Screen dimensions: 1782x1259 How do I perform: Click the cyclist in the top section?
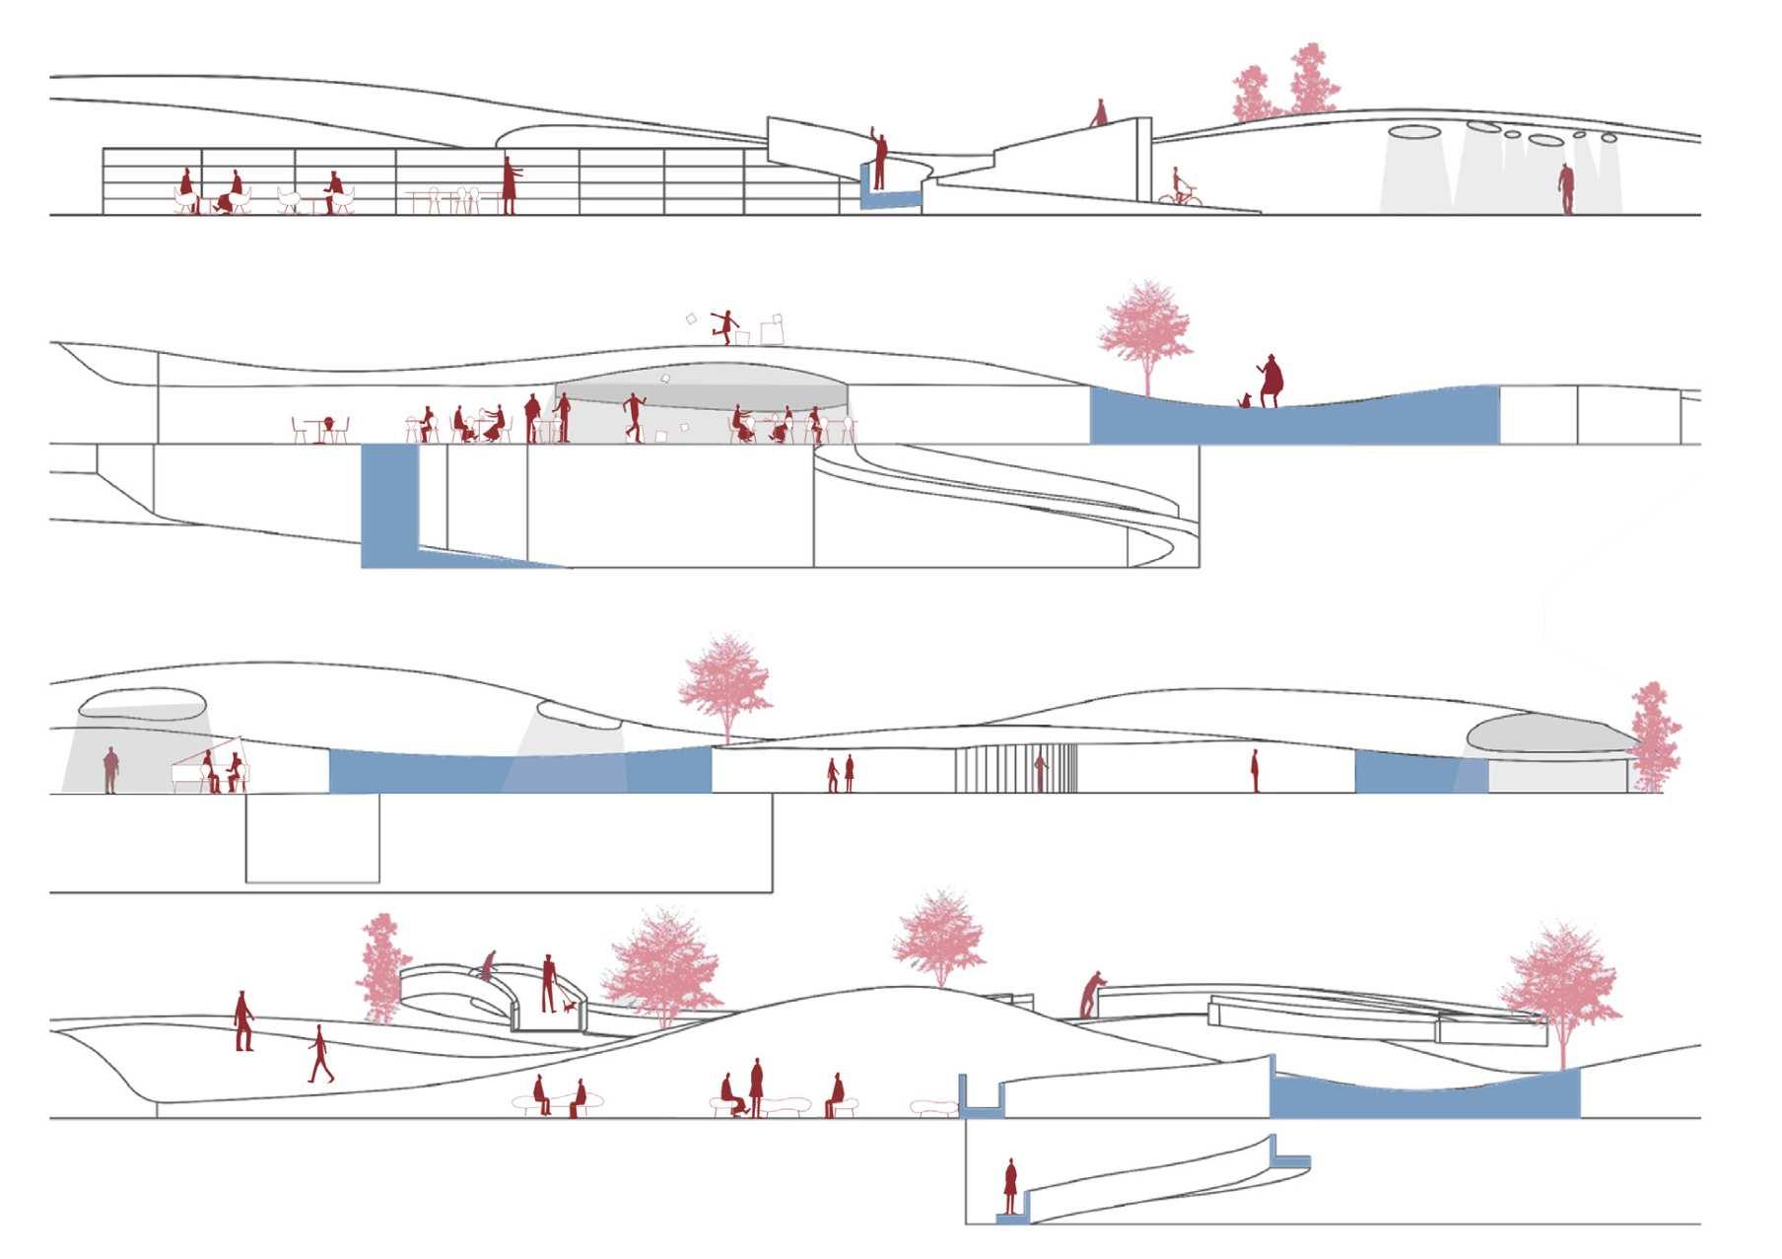tap(1179, 187)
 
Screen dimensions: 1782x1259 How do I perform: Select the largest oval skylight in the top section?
tap(1416, 131)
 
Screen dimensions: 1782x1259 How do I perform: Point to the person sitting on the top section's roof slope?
tap(1098, 113)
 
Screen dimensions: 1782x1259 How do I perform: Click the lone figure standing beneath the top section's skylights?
tap(1565, 187)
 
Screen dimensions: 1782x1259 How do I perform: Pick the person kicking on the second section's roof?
tap(727, 325)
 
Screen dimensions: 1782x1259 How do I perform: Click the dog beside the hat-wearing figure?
tap(1246, 400)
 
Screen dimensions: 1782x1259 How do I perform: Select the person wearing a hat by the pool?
tap(1272, 380)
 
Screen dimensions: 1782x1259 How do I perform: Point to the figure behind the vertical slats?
tap(1039, 772)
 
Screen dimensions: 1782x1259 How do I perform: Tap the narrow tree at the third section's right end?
tap(1654, 734)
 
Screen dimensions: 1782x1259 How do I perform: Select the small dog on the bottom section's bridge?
tap(569, 1006)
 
